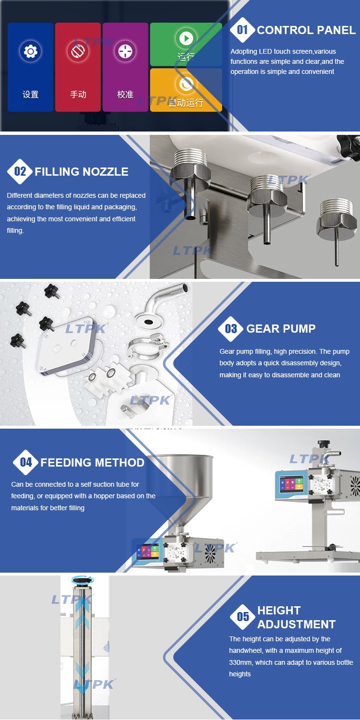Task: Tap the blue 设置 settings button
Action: tap(30, 67)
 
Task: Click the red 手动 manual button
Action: tap(78, 67)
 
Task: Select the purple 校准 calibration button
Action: tap(125, 67)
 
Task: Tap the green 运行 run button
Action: tap(186, 44)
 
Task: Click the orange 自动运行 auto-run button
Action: tap(186, 90)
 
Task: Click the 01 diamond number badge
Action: tap(242, 30)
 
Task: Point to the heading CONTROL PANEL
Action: tap(306, 30)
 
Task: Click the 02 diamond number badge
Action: tap(20, 171)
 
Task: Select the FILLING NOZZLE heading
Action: tap(81, 172)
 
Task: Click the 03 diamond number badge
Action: tap(231, 328)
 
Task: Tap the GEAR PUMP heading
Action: tap(281, 328)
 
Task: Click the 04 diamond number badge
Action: tap(26, 462)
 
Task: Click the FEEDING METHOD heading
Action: tap(92, 463)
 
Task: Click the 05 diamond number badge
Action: tap(243, 616)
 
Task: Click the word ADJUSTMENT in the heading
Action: tap(296, 624)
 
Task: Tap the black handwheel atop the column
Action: tap(83, 580)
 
